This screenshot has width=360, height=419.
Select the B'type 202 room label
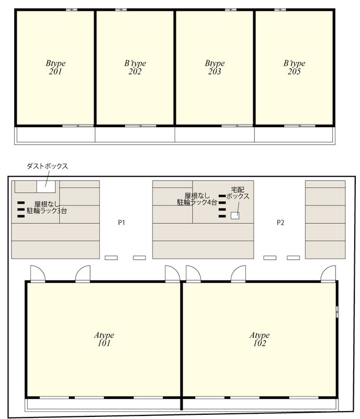[x=135, y=68]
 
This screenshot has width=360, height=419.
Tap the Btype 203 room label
[x=215, y=68]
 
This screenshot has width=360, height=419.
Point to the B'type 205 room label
[x=294, y=68]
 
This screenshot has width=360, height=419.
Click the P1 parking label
[x=121, y=223]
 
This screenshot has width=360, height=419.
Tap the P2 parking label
[x=280, y=223]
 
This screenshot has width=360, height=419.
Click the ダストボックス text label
[x=48, y=167]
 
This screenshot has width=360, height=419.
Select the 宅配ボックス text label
[x=238, y=193]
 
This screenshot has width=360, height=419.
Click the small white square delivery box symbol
[x=235, y=215]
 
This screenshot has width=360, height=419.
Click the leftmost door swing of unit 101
[x=38, y=274]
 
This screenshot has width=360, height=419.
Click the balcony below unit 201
[x=55, y=135]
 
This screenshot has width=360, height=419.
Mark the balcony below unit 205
[x=294, y=135]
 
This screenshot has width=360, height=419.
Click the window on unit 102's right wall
[x=337, y=312]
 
